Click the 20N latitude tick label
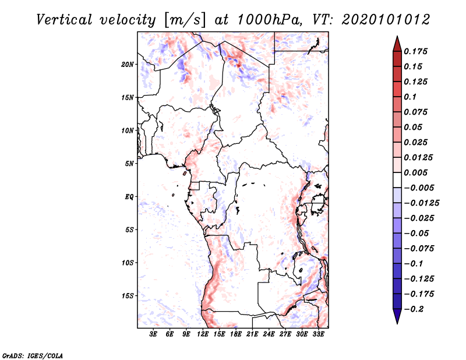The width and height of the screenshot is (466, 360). point(128,64)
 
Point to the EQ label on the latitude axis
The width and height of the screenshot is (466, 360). point(129,196)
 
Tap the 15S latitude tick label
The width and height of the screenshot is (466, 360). point(128,296)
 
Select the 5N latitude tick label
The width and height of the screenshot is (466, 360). point(129,164)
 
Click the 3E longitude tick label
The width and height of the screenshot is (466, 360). point(154,334)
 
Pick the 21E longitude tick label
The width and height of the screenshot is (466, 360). point(252,334)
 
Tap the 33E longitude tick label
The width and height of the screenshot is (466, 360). point(318,334)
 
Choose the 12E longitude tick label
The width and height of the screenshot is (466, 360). point(203,334)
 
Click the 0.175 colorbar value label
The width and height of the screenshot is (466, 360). point(416,51)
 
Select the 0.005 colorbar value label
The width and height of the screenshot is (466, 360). point(416,173)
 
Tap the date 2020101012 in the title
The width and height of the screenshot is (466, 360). point(386,19)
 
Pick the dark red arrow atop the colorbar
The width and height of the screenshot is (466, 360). point(397,43)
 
